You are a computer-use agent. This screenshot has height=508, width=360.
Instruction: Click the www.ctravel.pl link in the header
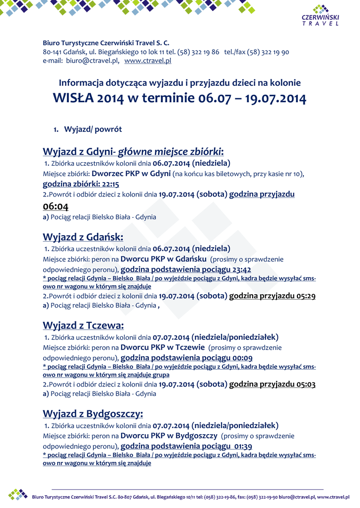click(147, 61)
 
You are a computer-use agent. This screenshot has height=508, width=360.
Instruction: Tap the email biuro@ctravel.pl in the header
click(92, 61)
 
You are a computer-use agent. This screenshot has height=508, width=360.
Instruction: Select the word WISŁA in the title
click(73, 98)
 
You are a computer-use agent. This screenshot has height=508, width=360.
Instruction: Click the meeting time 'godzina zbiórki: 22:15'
click(81, 184)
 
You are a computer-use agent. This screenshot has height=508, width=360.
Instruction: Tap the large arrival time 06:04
click(56, 206)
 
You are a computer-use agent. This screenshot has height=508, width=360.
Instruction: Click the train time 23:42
click(241, 270)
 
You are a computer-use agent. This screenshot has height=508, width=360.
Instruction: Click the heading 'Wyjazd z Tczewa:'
click(83, 325)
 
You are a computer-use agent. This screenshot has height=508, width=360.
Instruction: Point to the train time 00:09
click(243, 358)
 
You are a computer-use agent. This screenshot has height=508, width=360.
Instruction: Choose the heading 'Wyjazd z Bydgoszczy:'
click(93, 413)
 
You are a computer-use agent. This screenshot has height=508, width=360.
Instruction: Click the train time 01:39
click(243, 446)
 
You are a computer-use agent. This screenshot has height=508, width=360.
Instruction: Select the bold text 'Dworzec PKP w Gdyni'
click(131, 173)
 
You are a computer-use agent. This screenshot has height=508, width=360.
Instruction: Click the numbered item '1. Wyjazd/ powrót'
click(88, 129)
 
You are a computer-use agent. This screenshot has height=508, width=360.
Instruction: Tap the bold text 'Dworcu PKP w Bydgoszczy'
click(169, 436)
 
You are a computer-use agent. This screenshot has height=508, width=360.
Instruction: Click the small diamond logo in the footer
click(18, 494)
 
